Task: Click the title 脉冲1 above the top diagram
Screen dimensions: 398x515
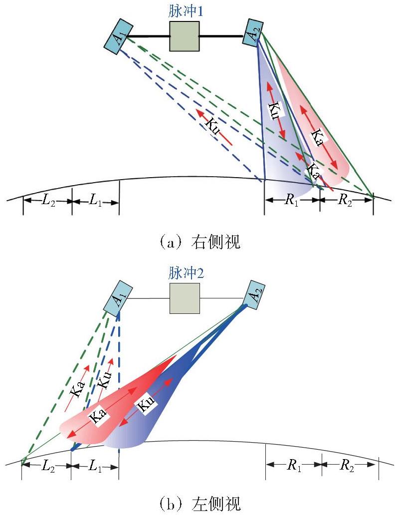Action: point(185,12)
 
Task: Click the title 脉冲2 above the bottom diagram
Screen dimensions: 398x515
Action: point(186,273)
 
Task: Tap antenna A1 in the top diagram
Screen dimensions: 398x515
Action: point(119,35)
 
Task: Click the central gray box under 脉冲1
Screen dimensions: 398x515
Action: point(184,36)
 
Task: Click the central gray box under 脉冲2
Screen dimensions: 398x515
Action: point(185,298)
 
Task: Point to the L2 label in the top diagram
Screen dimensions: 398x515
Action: point(48,200)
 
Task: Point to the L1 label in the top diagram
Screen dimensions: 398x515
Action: point(95,200)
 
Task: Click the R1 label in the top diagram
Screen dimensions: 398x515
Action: point(291,200)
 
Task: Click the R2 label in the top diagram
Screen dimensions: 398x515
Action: point(345,200)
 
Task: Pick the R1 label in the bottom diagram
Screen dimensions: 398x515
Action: point(294,465)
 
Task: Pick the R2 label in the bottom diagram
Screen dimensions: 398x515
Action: point(347,465)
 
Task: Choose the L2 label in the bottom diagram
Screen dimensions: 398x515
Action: point(48,466)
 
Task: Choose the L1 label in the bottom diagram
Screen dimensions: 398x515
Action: point(95,466)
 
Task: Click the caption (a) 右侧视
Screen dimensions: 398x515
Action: point(199,243)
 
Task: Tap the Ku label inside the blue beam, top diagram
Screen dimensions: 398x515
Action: point(274,111)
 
